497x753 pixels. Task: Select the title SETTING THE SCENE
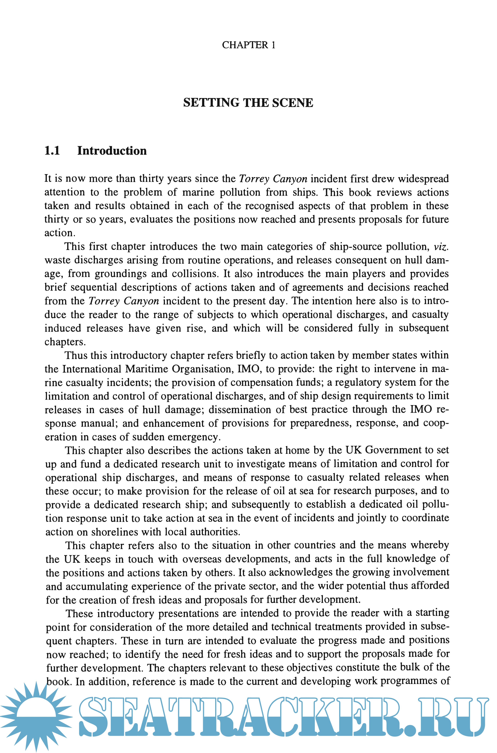point(248,103)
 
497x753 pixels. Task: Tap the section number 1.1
point(52,151)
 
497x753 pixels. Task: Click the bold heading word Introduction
point(112,151)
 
